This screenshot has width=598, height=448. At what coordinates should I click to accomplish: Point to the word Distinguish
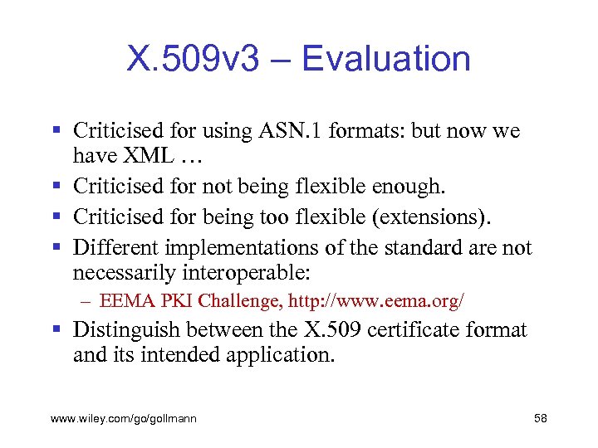click(126, 330)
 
